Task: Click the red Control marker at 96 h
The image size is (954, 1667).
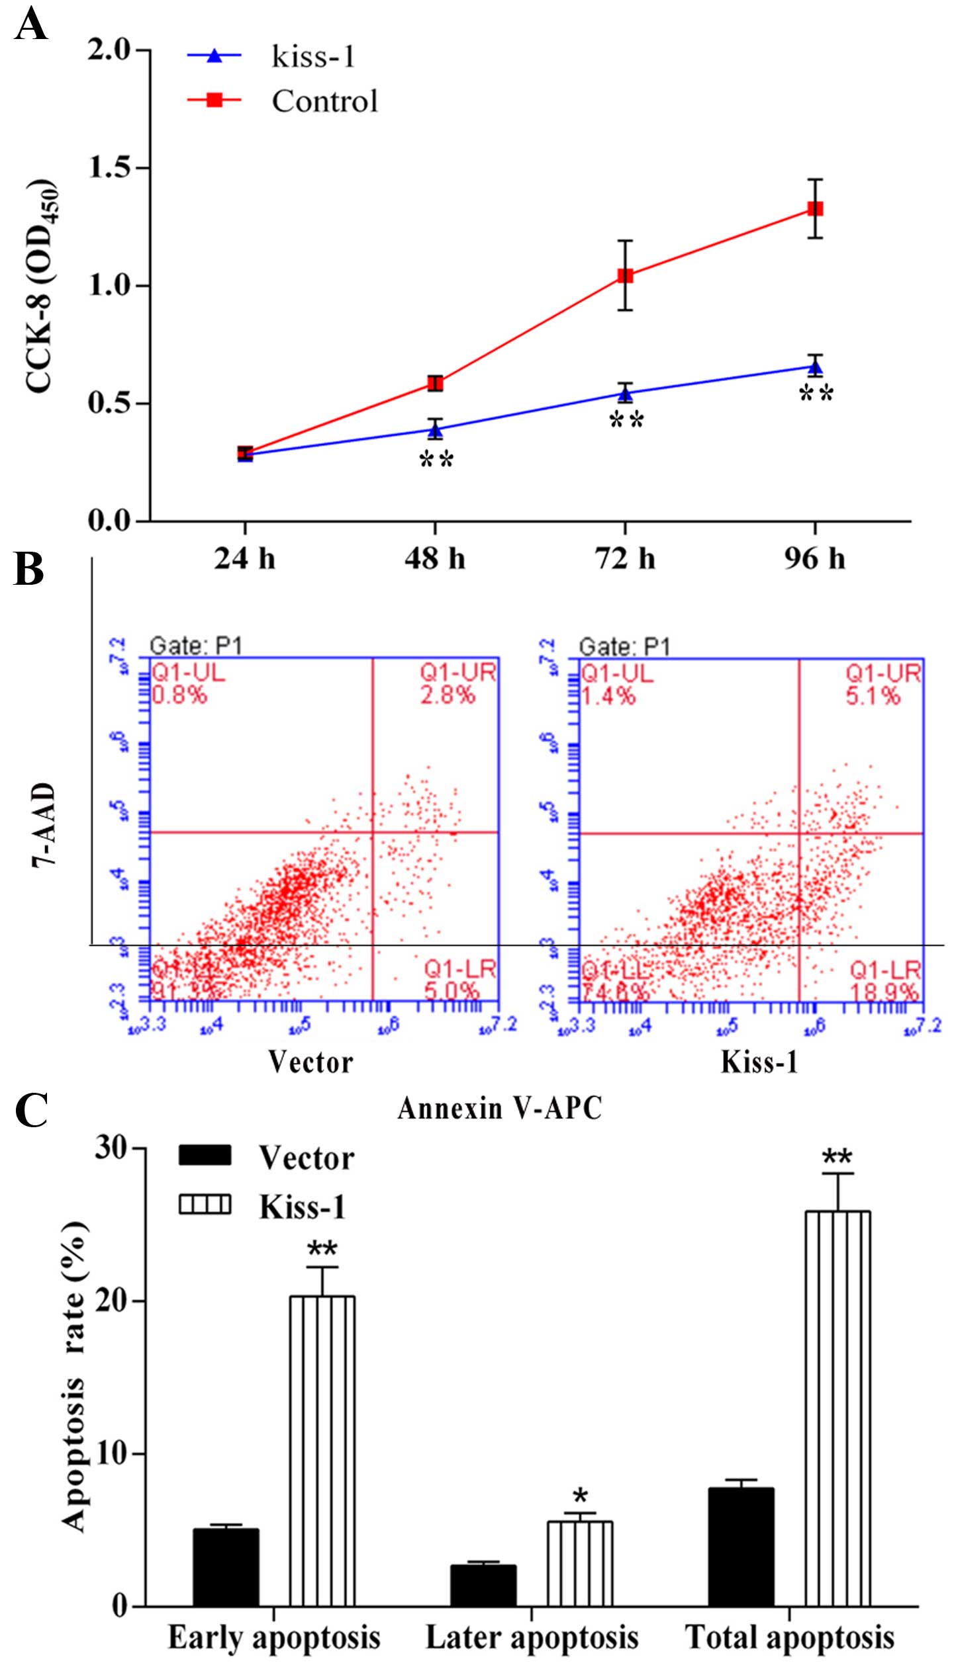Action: point(815,209)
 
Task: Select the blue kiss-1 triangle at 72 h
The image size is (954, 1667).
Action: point(625,395)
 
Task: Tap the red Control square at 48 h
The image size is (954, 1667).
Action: point(435,383)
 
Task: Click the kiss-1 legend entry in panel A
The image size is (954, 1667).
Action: point(312,57)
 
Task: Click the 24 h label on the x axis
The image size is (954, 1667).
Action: point(244,559)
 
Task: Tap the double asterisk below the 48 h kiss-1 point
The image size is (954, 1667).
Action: point(436,460)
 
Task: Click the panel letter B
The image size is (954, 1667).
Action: point(28,570)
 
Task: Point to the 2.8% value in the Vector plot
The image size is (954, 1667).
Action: point(448,695)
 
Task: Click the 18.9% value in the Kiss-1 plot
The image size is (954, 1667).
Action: point(884,992)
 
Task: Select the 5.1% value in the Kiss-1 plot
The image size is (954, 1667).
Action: point(873,696)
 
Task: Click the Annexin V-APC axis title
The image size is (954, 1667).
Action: point(500,1108)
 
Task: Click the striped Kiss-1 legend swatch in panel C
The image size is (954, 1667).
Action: point(205,1205)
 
